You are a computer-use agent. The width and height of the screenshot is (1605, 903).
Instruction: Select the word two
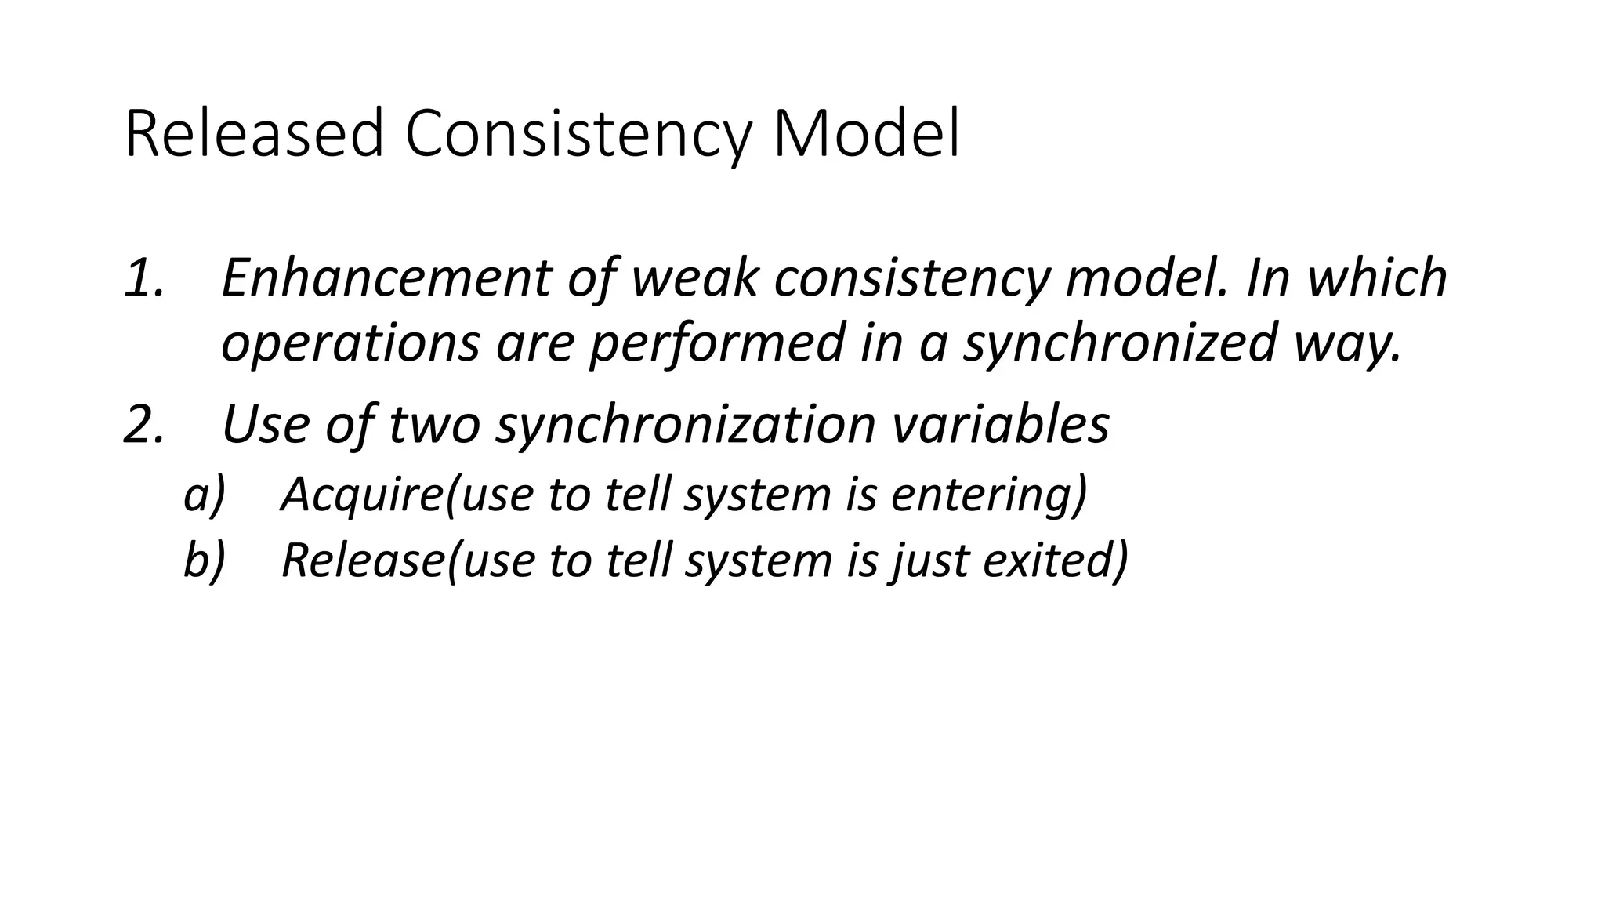click(x=434, y=424)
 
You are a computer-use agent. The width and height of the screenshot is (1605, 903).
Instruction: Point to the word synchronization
click(x=686, y=424)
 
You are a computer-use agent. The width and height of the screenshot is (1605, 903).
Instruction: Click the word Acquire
click(x=361, y=495)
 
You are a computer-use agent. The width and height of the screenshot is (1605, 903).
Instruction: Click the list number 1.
click(x=144, y=277)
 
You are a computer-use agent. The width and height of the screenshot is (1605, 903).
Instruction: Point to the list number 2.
click(x=144, y=424)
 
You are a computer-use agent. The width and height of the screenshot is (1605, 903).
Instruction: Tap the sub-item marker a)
click(x=204, y=495)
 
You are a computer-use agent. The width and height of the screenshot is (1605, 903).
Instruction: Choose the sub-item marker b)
click(x=204, y=560)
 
